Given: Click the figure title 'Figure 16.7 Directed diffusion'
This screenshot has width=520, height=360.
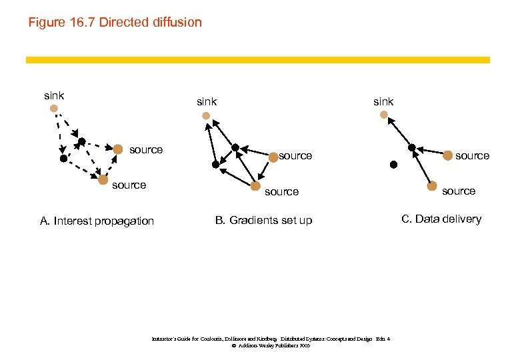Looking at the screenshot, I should pos(115,23).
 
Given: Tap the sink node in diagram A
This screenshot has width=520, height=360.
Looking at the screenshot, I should pos(53,108).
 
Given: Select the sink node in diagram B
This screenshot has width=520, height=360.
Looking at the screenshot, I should pos(206,115).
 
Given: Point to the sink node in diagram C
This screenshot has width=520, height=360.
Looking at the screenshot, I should pos(383,115).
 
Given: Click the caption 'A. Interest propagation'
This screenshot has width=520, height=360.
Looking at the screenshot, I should pos(97,221).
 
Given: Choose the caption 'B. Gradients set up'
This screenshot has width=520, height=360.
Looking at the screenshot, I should pos(263,221).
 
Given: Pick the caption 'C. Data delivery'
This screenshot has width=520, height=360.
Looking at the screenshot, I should pos(441,219).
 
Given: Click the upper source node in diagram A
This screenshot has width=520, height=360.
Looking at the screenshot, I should pos(117,149).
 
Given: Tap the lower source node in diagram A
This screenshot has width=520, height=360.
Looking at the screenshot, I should pos(103,179).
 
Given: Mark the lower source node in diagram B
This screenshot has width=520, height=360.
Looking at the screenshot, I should pos(256,186).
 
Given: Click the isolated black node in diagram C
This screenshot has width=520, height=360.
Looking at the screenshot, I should pos(393,164).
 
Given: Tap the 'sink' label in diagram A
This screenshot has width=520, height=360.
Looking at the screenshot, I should pos(54,95).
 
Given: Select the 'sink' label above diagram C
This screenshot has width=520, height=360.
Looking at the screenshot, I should pos(383,102).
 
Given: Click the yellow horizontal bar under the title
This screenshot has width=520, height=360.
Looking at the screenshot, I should pos(257,60).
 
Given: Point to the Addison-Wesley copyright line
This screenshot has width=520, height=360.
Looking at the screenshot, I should pos(271,346).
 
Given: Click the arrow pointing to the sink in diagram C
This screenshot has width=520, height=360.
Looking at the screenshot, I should pos(399,132).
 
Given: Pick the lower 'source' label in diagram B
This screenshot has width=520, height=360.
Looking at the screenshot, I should pos(281,192).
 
